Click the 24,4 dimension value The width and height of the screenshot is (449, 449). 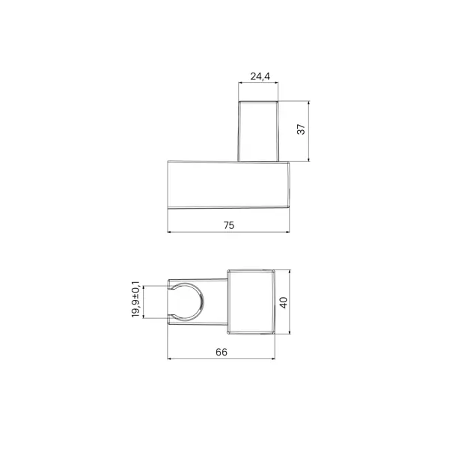(x=260, y=76)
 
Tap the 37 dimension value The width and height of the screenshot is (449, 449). (x=301, y=129)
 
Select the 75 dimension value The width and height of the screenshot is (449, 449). (x=229, y=225)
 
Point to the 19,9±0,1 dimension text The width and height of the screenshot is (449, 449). (x=135, y=299)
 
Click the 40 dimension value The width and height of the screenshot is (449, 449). (x=283, y=302)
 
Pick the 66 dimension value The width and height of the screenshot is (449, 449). (x=222, y=352)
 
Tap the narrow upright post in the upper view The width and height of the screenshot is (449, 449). (x=258, y=131)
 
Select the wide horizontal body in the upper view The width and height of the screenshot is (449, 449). (x=228, y=184)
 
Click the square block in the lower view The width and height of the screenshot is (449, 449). (x=251, y=302)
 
